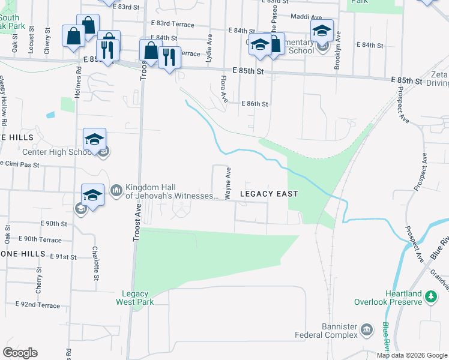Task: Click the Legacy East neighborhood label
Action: pos(269,194)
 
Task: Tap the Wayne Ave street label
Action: pos(228,184)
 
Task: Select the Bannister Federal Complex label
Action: pos(326,330)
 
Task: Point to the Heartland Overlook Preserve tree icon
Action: pos(430,296)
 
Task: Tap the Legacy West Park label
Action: pos(134,297)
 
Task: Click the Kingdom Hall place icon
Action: pos(116,191)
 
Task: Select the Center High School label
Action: pos(56,152)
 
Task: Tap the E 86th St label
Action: pos(254,104)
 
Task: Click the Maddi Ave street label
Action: pos(307,17)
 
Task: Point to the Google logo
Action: pos(20,353)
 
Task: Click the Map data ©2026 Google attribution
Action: pos(412,355)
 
